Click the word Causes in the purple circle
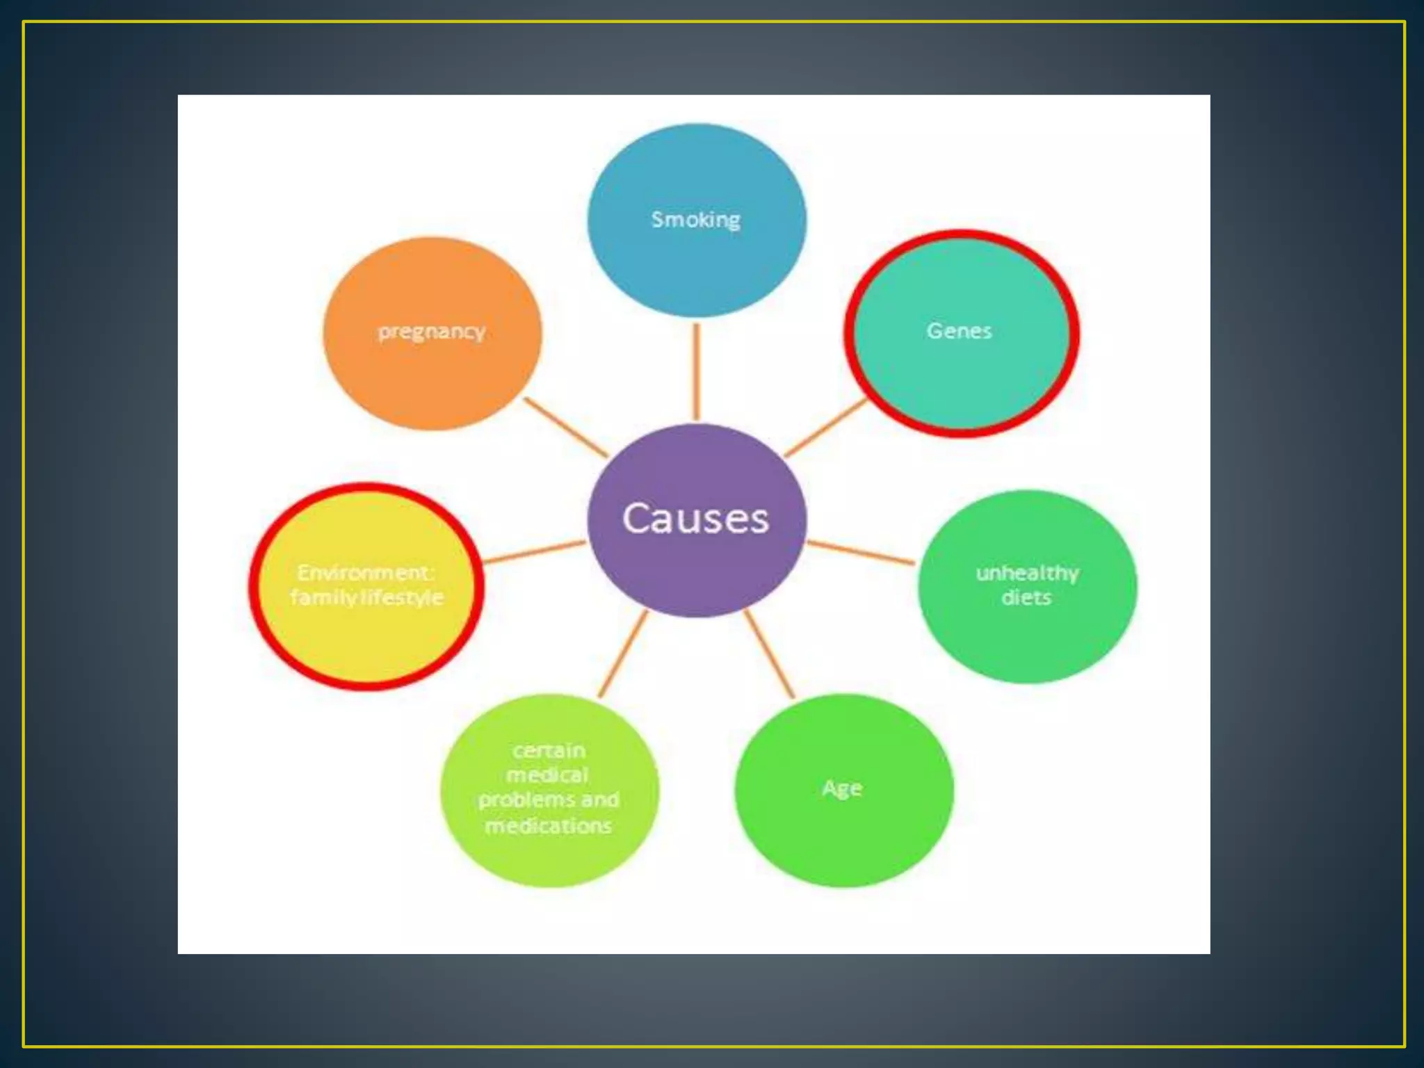coord(695,519)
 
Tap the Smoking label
coord(695,220)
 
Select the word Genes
coord(959,331)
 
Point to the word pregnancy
coord(431,332)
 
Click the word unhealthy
coord(1027,573)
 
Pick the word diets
coord(1026,597)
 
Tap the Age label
coord(842,788)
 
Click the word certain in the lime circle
coord(549,751)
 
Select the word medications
coord(549,825)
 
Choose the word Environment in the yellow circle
coord(365,572)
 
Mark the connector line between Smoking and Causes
coord(696,371)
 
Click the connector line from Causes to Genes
coord(826,428)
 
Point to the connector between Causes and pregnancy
coord(565,428)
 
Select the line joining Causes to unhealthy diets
coord(861,552)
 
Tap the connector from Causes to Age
coord(769,654)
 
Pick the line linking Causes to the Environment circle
coord(534,552)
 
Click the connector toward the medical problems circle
coord(623,654)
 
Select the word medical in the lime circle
coord(548,775)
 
